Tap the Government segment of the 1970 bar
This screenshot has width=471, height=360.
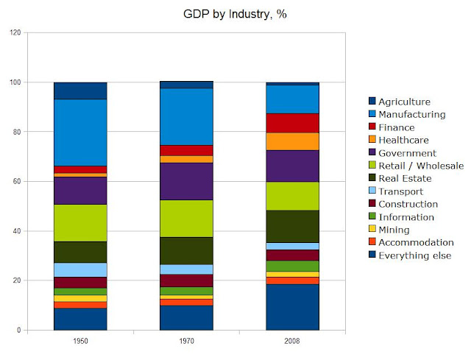pos(187,181)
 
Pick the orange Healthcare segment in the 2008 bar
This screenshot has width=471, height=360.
pos(293,141)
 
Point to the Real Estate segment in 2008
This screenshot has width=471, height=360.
pos(293,226)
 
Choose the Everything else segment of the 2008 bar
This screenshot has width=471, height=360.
pos(293,307)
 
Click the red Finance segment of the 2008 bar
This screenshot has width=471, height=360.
pos(293,123)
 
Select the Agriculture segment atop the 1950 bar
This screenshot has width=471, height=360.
pos(81,91)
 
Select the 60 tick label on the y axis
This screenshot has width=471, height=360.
pos(17,182)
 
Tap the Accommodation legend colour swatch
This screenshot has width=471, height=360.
pos(372,242)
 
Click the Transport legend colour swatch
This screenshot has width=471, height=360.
pos(372,191)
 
